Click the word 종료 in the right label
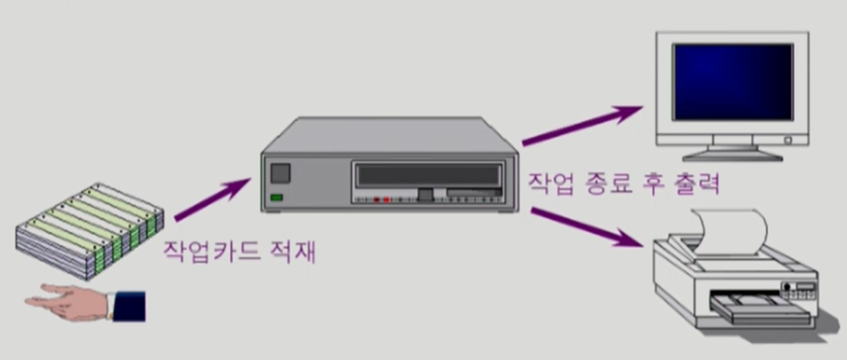[x=609, y=184]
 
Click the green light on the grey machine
[x=277, y=197]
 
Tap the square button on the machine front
[x=280, y=173]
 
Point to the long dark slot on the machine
[x=427, y=175]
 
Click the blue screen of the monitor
[x=732, y=81]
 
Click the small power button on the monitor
[x=787, y=140]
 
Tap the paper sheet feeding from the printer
[x=732, y=227]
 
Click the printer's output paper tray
[x=758, y=310]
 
